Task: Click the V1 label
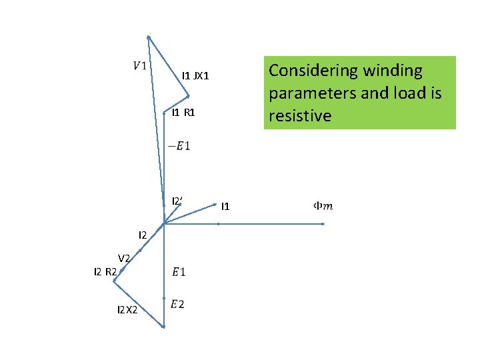(141, 65)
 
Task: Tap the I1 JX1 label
(195, 76)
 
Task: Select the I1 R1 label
(183, 113)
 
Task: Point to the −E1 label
(179, 145)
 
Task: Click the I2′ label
(177, 201)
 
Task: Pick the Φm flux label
(323, 206)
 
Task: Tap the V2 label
(125, 258)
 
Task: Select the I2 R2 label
(106, 271)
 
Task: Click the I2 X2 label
(127, 310)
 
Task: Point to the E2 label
(177, 305)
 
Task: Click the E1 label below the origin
(179, 271)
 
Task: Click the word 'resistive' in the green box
(300, 116)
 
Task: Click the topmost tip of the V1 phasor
(148, 36)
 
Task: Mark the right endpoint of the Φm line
(323, 224)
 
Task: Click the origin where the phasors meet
(163, 224)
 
